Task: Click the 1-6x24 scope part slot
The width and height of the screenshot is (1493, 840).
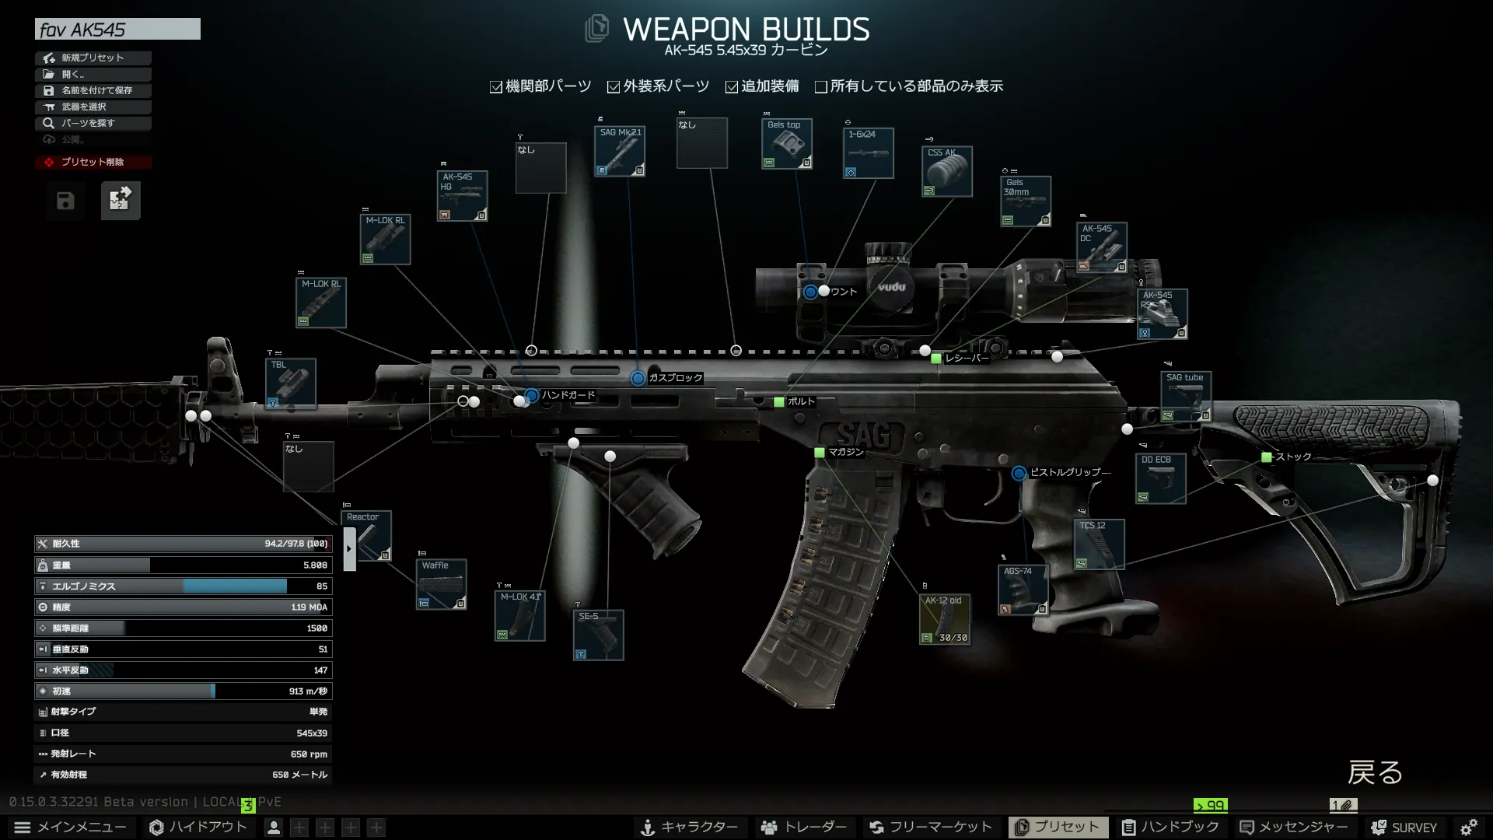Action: tap(868, 153)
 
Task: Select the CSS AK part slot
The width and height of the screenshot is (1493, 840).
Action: tap(946, 171)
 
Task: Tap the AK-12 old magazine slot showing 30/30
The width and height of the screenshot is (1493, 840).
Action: tap(944, 619)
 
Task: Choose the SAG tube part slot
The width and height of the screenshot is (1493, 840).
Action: tap(1185, 397)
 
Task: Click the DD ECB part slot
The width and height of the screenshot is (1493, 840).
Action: tap(1159, 478)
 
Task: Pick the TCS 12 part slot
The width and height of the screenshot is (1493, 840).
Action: tap(1099, 544)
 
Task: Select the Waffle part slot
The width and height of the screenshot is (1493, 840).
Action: tap(441, 584)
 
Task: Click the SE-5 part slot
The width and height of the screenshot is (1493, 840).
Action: tap(598, 635)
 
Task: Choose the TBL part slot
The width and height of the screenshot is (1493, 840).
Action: tap(290, 383)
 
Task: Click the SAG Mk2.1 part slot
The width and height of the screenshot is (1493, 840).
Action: tap(620, 152)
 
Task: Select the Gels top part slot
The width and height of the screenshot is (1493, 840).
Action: tap(786, 144)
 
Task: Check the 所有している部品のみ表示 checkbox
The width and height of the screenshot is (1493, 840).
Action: tap(821, 87)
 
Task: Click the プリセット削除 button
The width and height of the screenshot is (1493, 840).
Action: tap(93, 162)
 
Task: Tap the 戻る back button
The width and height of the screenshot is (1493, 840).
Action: tap(1374, 772)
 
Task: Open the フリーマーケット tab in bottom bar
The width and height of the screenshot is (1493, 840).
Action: tap(931, 827)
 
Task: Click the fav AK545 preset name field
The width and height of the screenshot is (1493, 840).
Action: tap(117, 30)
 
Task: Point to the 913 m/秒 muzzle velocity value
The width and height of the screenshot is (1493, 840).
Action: tap(307, 691)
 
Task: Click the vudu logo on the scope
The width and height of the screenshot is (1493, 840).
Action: tap(891, 287)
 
